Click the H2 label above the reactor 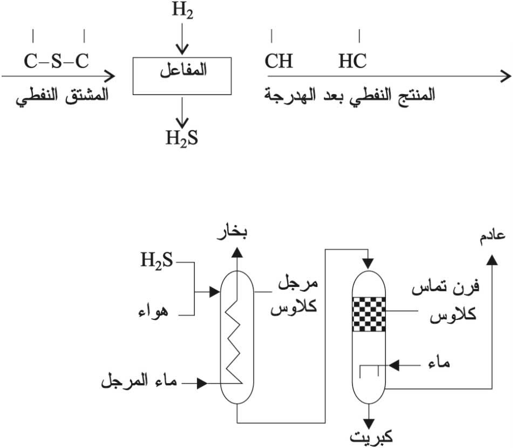[x=182, y=11]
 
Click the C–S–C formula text [x=56, y=61]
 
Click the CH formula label [x=279, y=61]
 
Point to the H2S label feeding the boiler [x=157, y=262]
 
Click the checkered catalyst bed [x=370, y=314]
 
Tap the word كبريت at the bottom [x=370, y=437]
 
